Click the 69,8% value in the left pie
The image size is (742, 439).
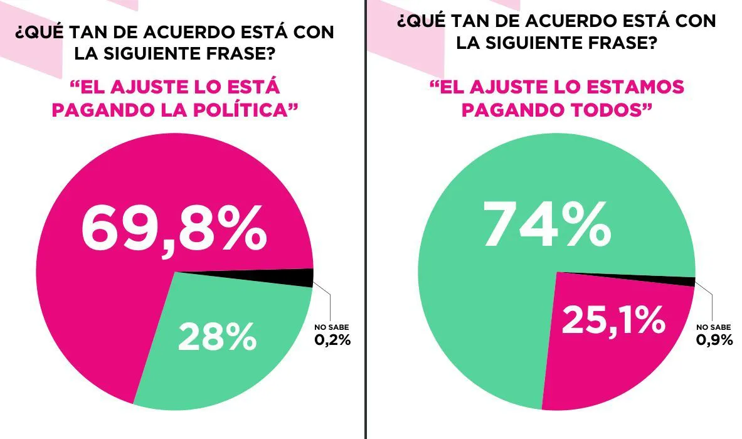click(174, 230)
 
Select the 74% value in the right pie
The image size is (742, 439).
click(546, 224)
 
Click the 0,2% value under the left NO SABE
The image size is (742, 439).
click(332, 340)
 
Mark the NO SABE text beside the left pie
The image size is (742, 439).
click(332, 327)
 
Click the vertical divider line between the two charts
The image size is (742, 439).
click(365, 219)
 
